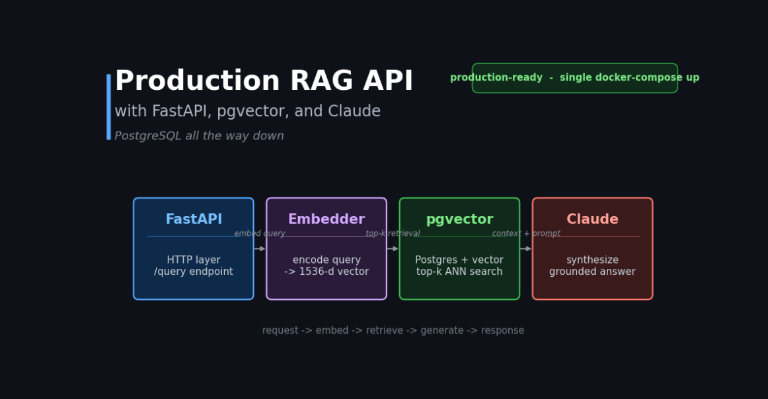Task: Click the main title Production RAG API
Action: pos(264,81)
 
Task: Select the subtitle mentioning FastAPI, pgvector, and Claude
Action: pos(247,112)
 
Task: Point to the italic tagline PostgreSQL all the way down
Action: pos(199,136)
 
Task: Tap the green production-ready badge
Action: pos(574,78)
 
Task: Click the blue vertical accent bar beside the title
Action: pos(109,107)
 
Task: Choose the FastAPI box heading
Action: pos(194,219)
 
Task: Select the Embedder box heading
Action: pos(326,219)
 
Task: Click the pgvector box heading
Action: pos(459,220)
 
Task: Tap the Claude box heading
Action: pos(592,219)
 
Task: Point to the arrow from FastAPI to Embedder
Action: pos(260,248)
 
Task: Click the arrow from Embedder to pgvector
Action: pos(393,248)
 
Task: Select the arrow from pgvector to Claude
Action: pos(525,248)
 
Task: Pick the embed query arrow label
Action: pos(260,234)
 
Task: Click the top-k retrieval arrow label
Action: pos(393,234)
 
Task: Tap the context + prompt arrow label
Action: pos(526,234)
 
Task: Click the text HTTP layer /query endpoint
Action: pos(194,266)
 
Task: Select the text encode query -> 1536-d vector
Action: pos(326,266)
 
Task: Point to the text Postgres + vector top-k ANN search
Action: pos(459,266)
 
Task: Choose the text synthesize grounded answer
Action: pos(592,266)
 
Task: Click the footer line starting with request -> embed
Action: pos(393,330)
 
